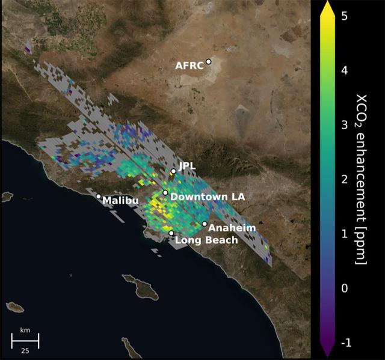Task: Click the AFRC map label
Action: [x=189, y=65]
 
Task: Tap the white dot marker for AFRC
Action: [x=209, y=61]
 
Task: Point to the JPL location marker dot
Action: [x=173, y=171]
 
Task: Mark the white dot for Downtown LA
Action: [x=165, y=193]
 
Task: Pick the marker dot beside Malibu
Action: [x=99, y=196]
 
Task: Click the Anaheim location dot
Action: [x=205, y=224]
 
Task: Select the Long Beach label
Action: [x=206, y=240]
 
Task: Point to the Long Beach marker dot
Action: [x=171, y=233]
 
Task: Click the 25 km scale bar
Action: [x=25, y=341]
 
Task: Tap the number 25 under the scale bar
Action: [x=25, y=350]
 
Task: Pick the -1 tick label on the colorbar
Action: [x=346, y=343]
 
